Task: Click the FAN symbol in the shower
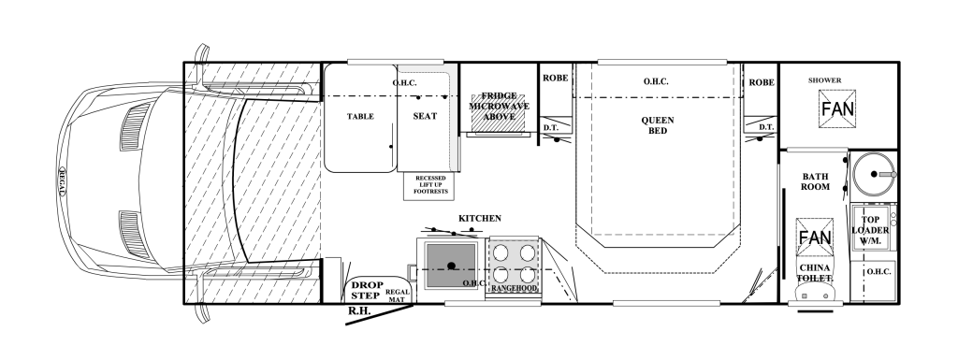point(837,109)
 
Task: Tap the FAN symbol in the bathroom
point(815,238)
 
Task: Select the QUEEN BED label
point(658,125)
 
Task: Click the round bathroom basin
point(873,174)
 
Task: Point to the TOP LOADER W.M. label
point(871,231)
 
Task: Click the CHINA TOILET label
point(815,273)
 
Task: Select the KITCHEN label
point(480,219)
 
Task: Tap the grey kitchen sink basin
point(452,266)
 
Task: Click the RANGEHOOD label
point(514,288)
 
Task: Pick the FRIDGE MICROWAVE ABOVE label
point(499,107)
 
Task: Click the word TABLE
point(360,117)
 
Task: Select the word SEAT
point(426,116)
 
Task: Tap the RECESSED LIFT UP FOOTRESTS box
point(430,185)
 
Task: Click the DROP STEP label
point(367,290)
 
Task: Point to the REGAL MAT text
point(396,295)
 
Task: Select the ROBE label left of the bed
point(555,79)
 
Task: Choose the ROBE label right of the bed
point(762,82)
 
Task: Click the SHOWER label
point(825,79)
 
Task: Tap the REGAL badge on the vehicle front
point(62,181)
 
